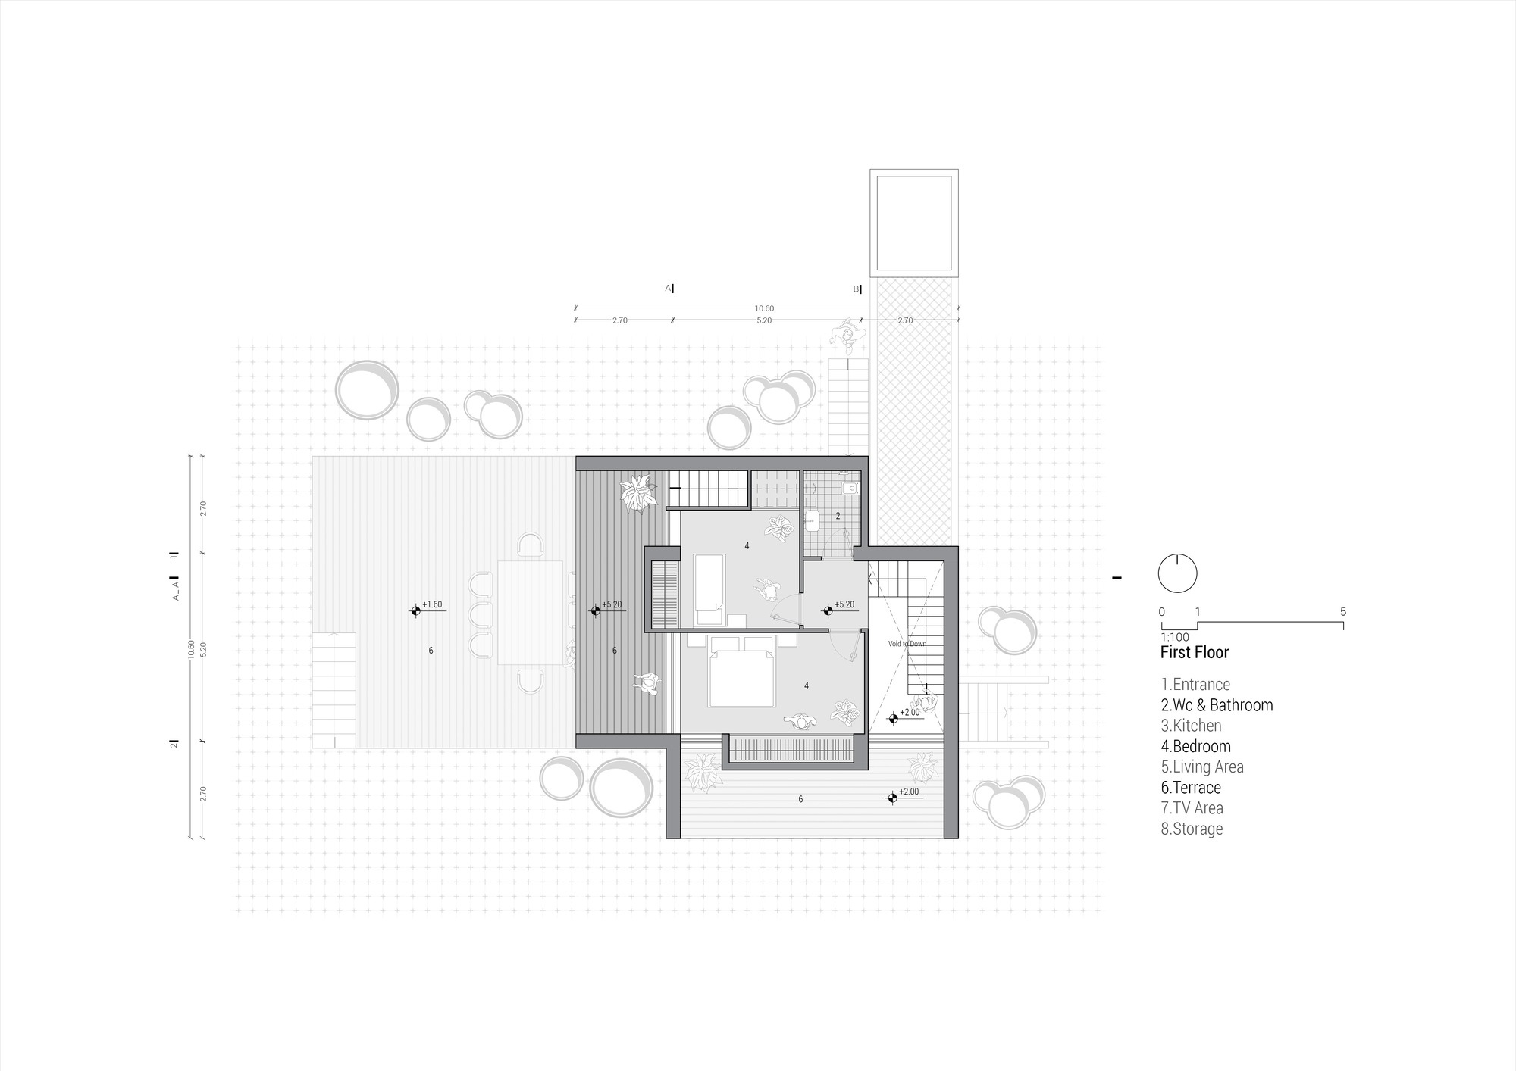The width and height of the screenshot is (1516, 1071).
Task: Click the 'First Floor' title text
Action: [1194, 652]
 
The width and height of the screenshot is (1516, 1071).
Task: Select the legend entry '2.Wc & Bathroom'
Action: [1217, 705]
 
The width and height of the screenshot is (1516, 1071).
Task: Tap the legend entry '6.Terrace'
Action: [1191, 788]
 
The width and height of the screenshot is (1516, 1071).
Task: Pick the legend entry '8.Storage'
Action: [1192, 829]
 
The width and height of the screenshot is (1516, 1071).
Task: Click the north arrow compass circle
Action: [1177, 573]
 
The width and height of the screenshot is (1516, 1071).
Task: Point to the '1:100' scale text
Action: [1174, 638]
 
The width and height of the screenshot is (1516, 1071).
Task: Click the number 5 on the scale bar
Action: [1343, 612]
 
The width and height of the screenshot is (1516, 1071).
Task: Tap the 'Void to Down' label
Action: [907, 644]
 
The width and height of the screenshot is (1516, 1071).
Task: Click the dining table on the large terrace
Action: [531, 612]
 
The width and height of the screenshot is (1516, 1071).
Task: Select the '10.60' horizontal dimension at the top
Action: [764, 308]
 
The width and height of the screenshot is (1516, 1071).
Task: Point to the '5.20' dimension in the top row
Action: [764, 320]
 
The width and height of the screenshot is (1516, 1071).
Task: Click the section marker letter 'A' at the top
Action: [668, 288]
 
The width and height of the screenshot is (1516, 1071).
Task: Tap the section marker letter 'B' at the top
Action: [856, 289]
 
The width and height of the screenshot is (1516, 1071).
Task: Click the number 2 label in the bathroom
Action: [838, 516]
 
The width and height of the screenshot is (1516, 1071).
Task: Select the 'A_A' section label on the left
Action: [175, 591]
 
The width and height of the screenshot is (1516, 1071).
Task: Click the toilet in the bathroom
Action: [813, 520]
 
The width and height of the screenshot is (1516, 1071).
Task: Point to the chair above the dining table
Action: [530, 545]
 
